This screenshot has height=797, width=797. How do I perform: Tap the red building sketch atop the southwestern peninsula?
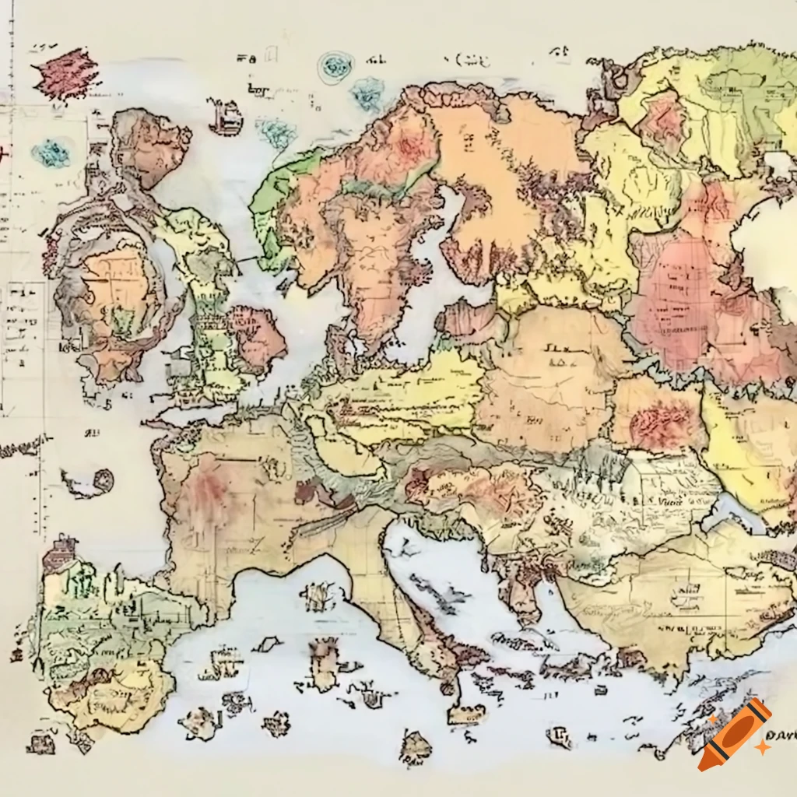pos(61,554)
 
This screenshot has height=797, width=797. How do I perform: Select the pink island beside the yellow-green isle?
pos(257,339)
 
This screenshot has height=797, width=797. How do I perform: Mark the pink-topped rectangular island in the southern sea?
pos(323,662)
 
